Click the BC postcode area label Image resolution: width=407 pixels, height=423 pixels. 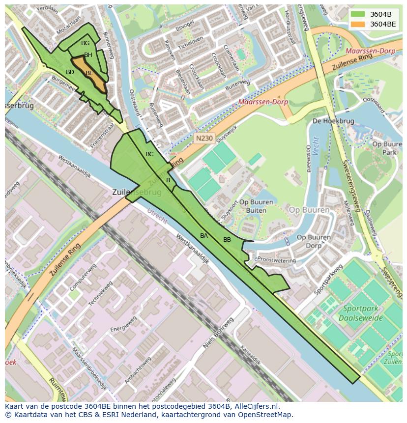point(149,154)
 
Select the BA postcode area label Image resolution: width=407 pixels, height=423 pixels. point(204,236)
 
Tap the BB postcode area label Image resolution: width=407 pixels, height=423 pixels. point(227,240)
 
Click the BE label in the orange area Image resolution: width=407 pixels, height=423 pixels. point(89,73)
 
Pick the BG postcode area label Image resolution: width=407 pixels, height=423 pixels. point(85,43)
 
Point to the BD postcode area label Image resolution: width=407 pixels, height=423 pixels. point(70,72)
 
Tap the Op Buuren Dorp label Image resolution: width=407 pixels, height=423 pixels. point(314,241)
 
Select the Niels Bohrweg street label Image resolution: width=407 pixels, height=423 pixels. point(217,335)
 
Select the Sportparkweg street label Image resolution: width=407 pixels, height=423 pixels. point(328,279)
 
